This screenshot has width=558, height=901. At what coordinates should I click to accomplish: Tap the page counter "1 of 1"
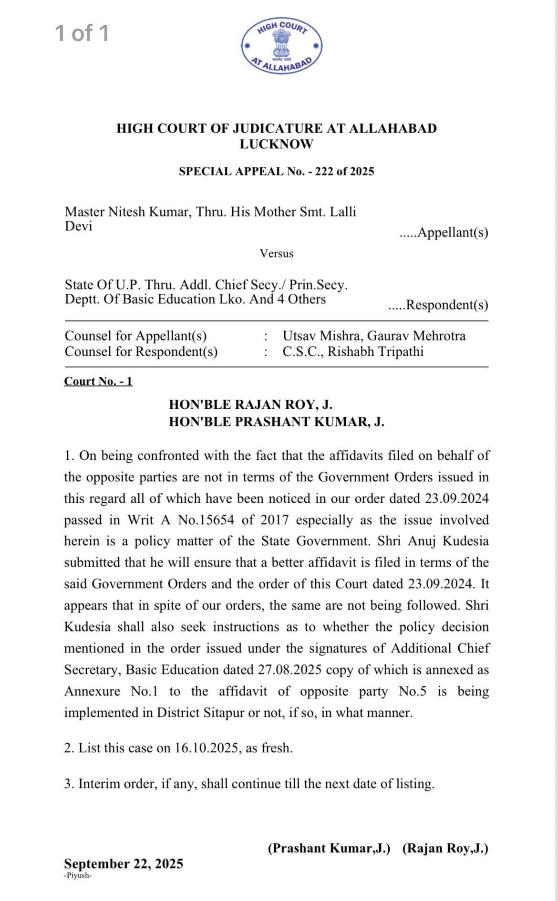click(x=82, y=33)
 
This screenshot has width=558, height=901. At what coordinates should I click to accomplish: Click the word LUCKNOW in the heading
click(x=276, y=144)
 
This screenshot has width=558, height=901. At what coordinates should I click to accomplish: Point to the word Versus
click(x=277, y=253)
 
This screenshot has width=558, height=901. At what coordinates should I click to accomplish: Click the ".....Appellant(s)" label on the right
click(x=444, y=233)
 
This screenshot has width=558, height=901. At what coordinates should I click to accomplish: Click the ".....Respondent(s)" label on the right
click(x=438, y=305)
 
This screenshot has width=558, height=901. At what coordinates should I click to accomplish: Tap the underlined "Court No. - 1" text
click(x=98, y=381)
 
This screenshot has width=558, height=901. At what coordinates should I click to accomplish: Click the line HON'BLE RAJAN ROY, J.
click(x=250, y=404)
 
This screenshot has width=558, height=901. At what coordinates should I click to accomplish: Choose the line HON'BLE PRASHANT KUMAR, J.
click(x=276, y=422)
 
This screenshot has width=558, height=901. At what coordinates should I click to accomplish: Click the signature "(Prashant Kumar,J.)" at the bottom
click(x=329, y=848)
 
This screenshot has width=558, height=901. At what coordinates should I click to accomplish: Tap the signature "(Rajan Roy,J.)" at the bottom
click(x=445, y=848)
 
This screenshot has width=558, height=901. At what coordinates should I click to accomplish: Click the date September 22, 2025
click(x=124, y=864)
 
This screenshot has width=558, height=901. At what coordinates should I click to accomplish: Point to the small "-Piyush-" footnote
click(x=77, y=876)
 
